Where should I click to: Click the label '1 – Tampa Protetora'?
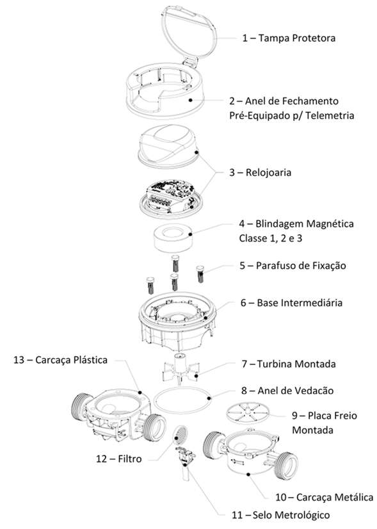[x=289, y=38]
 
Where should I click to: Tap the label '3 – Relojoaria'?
[x=260, y=172]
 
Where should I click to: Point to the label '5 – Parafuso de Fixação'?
[x=293, y=266]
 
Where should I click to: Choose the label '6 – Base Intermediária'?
[x=291, y=303]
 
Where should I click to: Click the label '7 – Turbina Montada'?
[x=289, y=364]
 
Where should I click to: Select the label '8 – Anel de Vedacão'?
[x=287, y=391]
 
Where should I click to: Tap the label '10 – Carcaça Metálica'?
[x=325, y=497]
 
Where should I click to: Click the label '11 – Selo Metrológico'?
[x=280, y=515]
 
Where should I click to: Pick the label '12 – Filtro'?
[x=118, y=459]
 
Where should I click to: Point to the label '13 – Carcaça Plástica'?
[x=60, y=360]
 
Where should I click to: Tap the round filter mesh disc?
[x=180, y=435]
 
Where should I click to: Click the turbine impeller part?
[x=180, y=369]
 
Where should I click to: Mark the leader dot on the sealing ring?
[x=209, y=398]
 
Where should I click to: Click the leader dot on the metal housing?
[x=248, y=475]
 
